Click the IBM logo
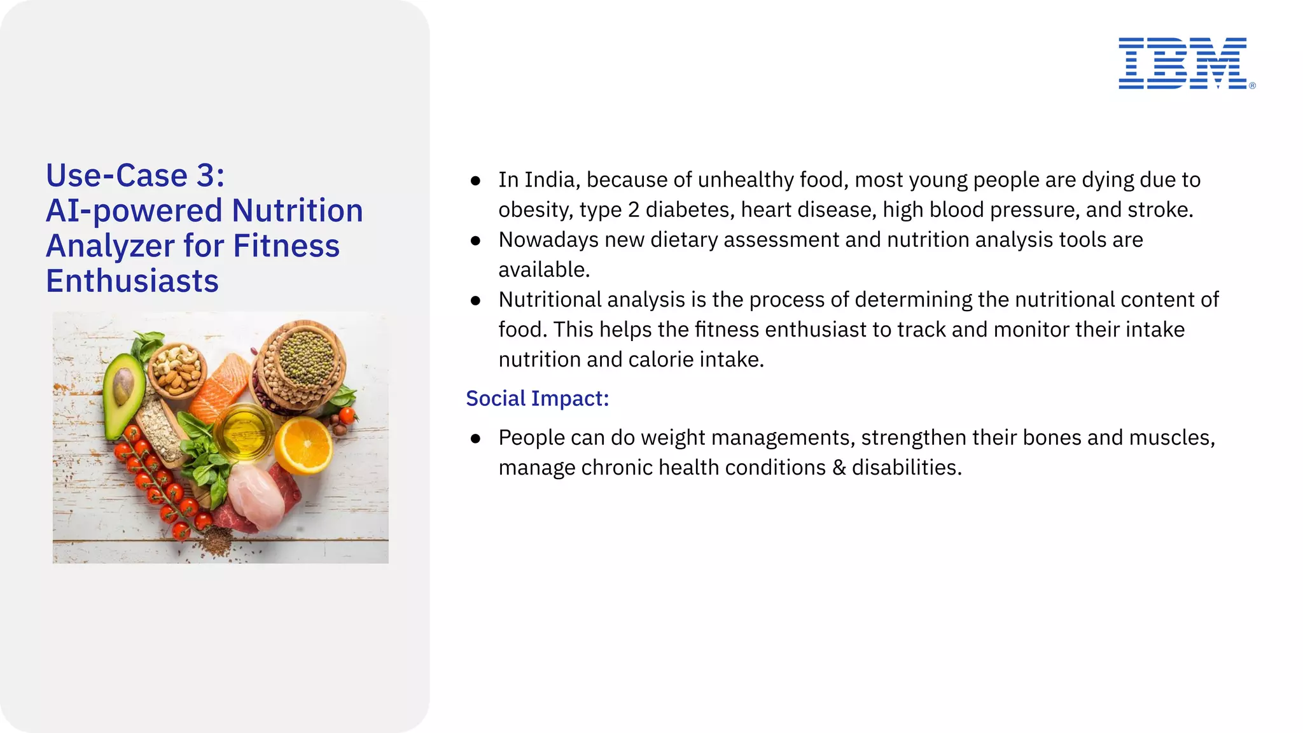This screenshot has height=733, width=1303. coord(1183,64)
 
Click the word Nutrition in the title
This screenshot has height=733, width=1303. coord(297,211)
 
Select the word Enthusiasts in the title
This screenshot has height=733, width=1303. coord(132,281)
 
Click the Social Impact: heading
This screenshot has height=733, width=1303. coord(537,398)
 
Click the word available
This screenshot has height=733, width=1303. coord(543,270)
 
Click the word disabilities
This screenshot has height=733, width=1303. coord(906,468)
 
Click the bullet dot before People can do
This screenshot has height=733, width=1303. coord(475,438)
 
